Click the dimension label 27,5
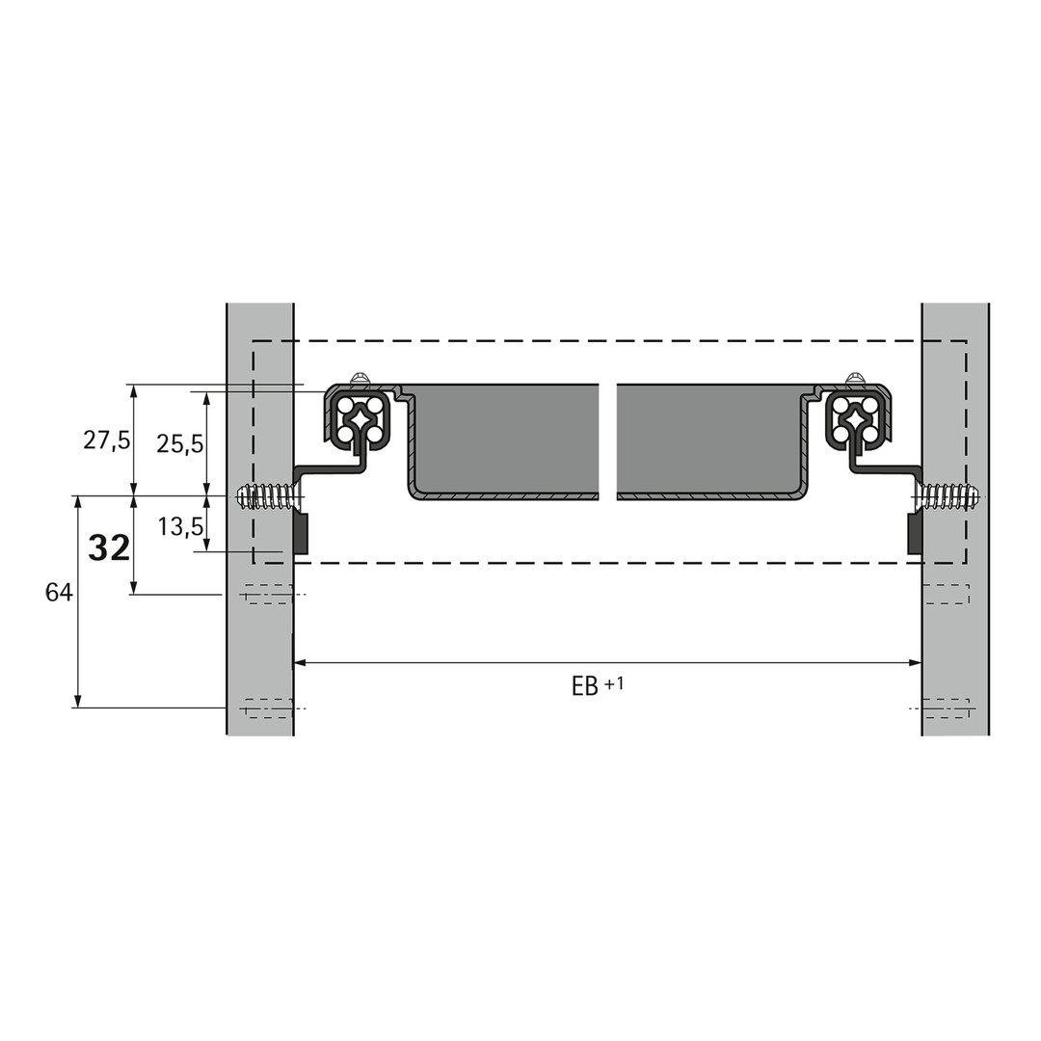107,440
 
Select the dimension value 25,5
180,444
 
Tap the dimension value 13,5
180,527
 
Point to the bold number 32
110,548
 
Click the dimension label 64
59,592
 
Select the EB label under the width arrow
585,686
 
